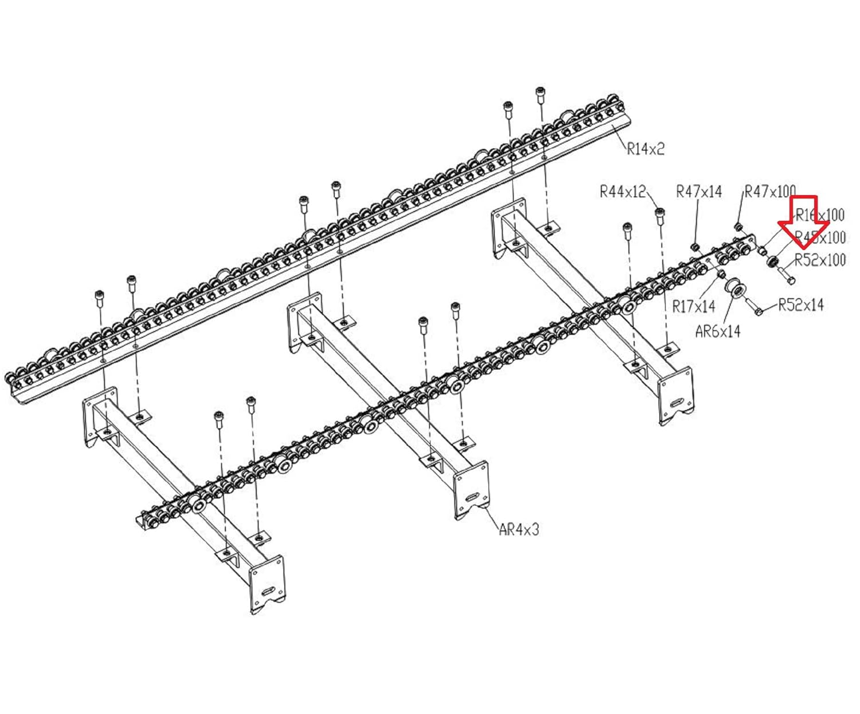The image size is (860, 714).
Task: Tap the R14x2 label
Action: pos(646,149)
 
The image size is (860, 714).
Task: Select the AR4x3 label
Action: pos(519,529)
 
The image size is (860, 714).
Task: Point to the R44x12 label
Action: pos(623,191)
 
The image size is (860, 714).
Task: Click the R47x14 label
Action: pos(699,191)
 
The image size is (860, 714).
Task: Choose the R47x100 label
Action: pos(769,191)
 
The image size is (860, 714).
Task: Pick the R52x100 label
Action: pos(820,260)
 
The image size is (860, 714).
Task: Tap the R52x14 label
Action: pos(800,305)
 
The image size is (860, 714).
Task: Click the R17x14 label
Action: pos(694,306)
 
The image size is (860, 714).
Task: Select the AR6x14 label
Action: pos(717,331)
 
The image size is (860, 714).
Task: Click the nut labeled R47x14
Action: pos(694,247)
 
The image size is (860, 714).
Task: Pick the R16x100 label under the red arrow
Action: pos(820,215)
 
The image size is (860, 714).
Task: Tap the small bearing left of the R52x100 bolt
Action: pos(773,262)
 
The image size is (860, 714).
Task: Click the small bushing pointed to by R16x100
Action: pos(762,251)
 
